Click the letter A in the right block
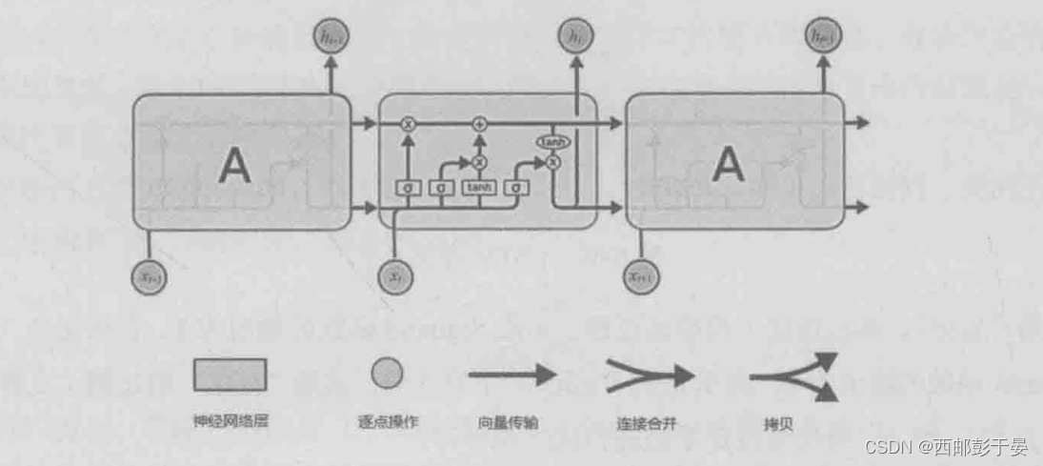click(729, 165)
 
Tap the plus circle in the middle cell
click(480, 124)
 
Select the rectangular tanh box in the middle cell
click(477, 189)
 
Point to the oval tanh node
click(552, 142)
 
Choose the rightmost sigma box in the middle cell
click(515, 189)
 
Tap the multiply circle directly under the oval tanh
click(552, 162)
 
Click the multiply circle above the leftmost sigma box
click(408, 124)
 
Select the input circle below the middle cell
click(395, 275)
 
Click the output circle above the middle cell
click(574, 37)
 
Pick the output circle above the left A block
click(330, 37)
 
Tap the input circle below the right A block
click(644, 275)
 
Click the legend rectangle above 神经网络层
click(230, 375)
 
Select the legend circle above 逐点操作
click(387, 375)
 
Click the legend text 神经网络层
click(230, 419)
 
